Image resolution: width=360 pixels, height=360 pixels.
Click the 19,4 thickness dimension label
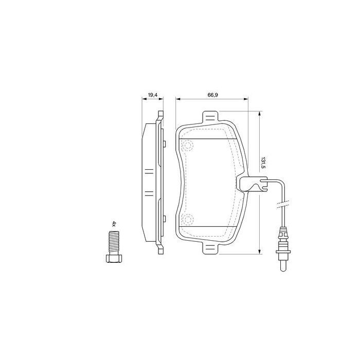(152, 95)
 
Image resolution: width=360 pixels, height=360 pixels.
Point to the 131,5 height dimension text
(263, 163)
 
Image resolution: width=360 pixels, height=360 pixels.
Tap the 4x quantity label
(114, 224)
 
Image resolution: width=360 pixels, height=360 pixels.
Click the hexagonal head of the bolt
(114, 258)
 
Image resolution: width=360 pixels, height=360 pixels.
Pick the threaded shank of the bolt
(114, 242)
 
